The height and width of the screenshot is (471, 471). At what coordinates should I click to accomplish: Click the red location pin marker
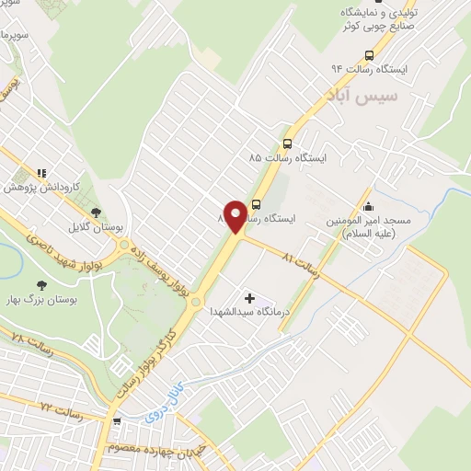236,216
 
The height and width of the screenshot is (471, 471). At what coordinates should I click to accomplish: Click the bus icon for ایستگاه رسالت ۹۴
370,54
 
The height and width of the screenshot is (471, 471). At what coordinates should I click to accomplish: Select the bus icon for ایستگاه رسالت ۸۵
288,144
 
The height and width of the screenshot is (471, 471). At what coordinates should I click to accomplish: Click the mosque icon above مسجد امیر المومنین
368,206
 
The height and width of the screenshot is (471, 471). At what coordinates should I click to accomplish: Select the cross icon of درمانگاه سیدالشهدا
250,297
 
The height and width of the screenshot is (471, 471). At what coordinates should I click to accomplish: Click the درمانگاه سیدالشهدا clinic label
249,313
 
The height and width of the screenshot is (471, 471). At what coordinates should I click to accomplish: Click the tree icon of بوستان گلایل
96,213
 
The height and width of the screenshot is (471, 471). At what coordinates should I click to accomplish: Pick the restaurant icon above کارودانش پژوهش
40,172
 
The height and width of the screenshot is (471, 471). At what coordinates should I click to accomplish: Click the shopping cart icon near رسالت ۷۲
116,421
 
